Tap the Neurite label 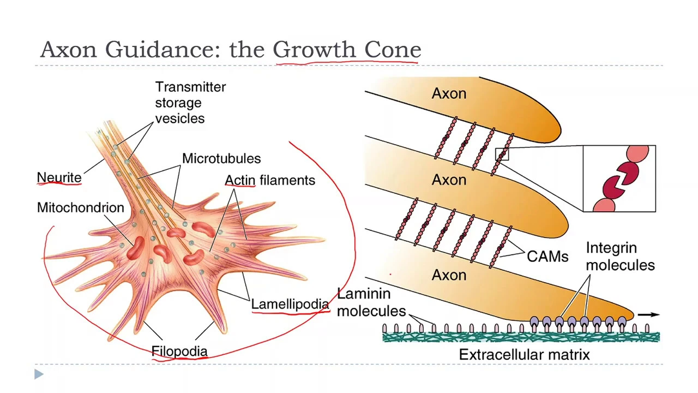pos(59,177)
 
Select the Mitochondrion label pos(80,207)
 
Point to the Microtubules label pos(221,158)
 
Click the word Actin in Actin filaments pos(240,180)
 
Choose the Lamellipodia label pos(290,304)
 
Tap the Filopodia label pos(179,351)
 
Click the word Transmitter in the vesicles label pos(190,87)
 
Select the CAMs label pos(547,257)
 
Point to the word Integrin pos(611,248)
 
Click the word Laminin pos(364,294)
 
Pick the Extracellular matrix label pos(524,355)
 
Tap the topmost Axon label pos(449,94)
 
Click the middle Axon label pos(449,180)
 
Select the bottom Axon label pos(449,275)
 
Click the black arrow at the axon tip pos(648,314)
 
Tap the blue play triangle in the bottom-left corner pos(39,374)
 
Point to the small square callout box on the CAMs pos(502,154)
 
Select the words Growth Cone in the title pos(346,50)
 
